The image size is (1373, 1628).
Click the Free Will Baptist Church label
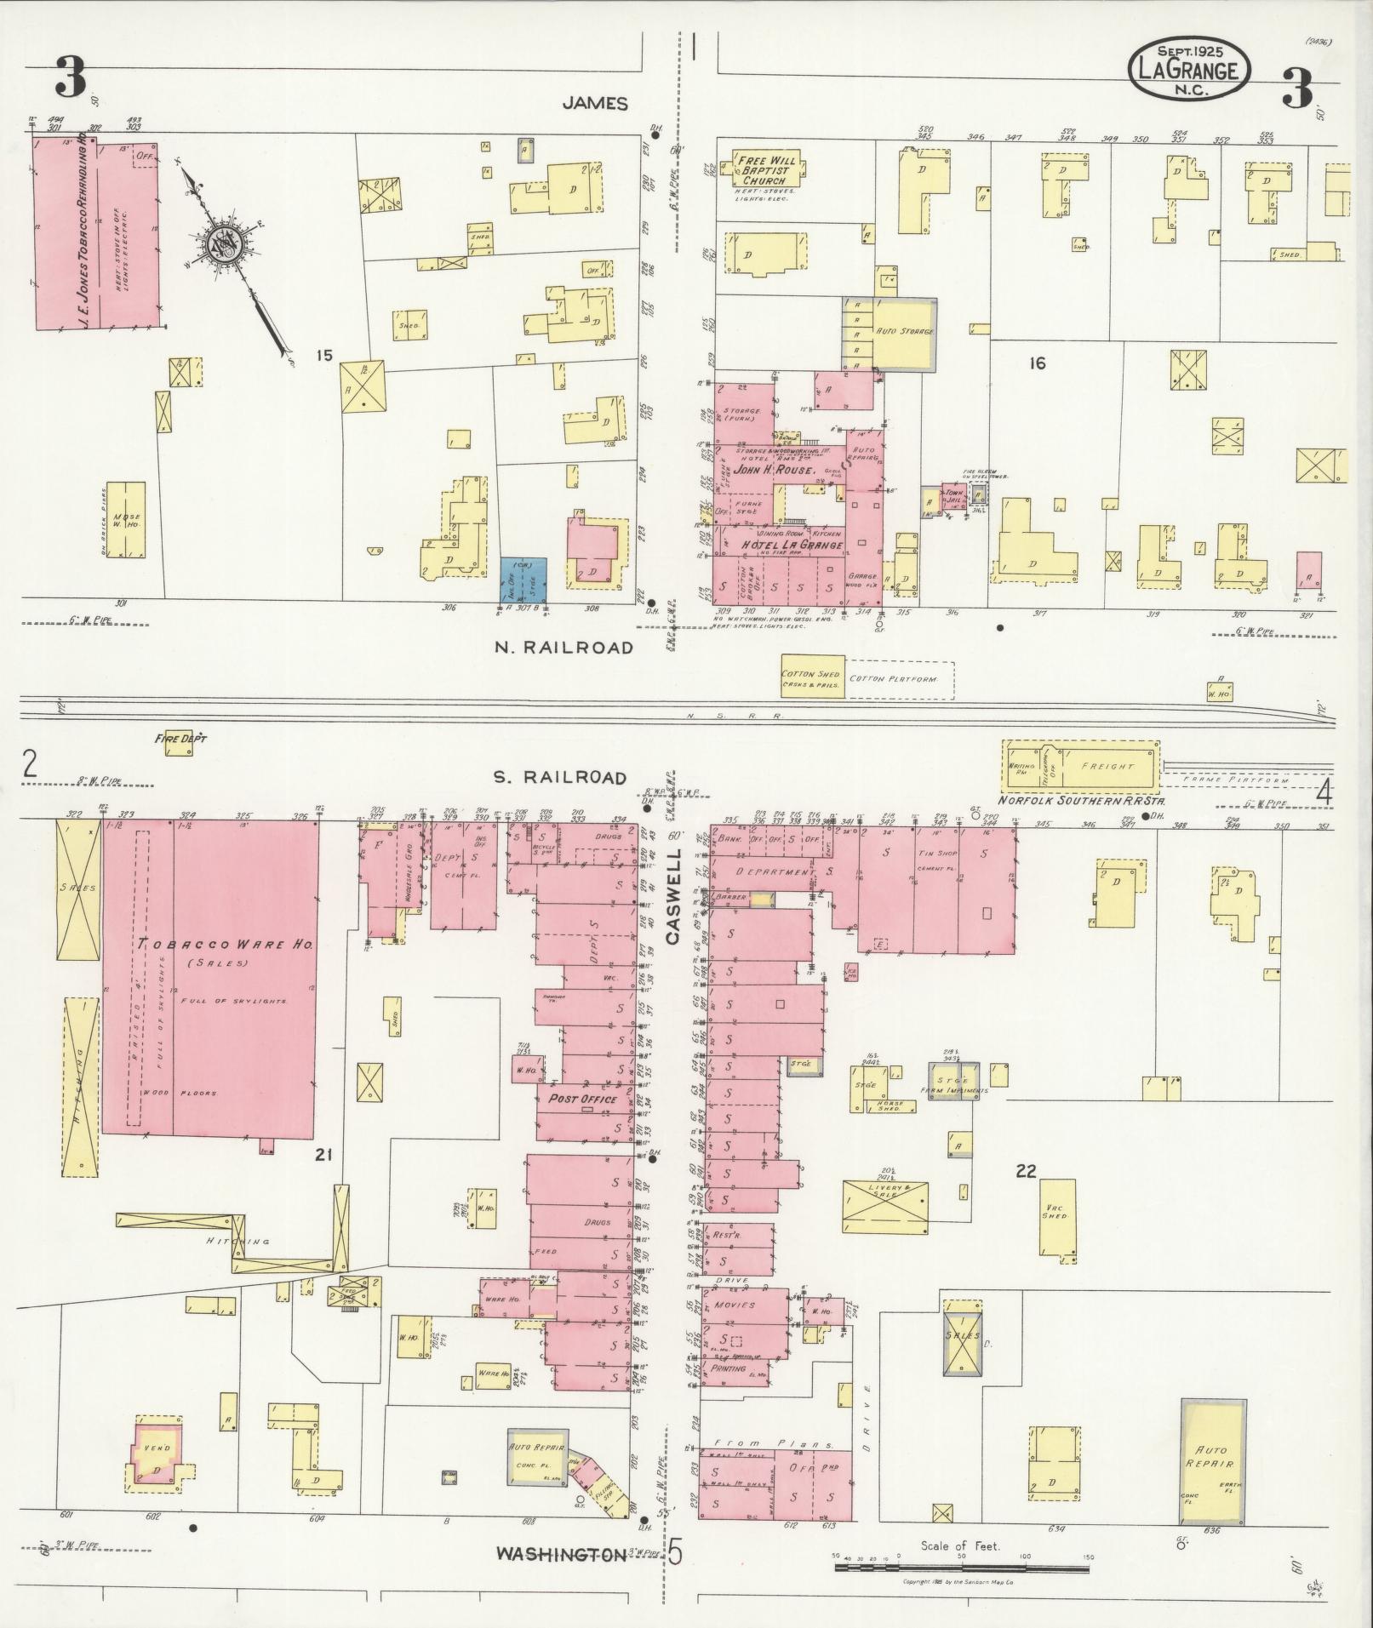point(765,170)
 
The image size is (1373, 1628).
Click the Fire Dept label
point(180,739)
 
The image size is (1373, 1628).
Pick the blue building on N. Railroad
point(523,579)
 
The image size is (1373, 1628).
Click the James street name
point(595,103)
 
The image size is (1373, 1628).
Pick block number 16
point(1036,363)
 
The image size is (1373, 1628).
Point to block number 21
point(323,1154)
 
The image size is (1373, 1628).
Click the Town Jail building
point(953,497)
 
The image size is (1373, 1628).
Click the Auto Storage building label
point(904,331)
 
